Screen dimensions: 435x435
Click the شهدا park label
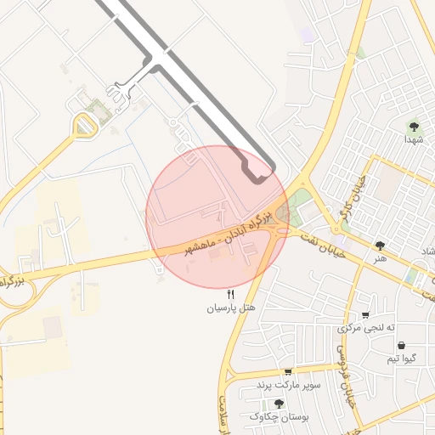[x=414, y=138]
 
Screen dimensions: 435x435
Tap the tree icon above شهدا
[x=414, y=126]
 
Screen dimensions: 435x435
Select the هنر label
[x=379, y=257]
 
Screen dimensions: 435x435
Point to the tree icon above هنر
[x=379, y=246]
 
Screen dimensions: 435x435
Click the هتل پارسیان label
[x=231, y=308]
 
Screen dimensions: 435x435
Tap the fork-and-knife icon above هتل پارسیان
[x=231, y=294]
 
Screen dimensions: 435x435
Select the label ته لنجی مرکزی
[x=367, y=327]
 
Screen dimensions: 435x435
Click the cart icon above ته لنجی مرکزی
[x=365, y=314]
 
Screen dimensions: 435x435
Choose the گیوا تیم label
[x=401, y=359]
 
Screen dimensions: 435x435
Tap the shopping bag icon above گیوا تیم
[x=401, y=345]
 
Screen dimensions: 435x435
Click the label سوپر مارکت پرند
[x=289, y=385]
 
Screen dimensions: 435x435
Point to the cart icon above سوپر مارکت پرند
[x=288, y=372]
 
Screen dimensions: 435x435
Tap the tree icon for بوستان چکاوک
[x=279, y=404]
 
